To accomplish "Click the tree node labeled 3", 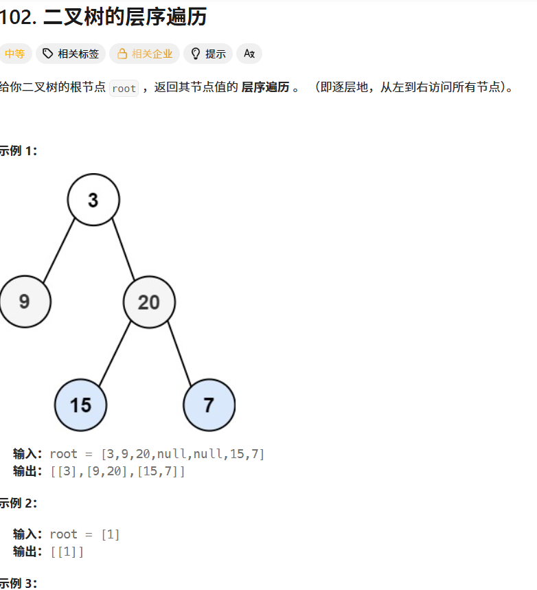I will tap(93, 200).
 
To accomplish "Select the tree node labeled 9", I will tap(25, 302).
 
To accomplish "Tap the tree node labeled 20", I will tap(149, 302).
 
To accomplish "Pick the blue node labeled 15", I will tap(81, 405).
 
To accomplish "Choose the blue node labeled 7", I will tap(209, 405).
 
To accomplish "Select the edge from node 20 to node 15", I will tap(115, 352).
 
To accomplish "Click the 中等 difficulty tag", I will tap(14, 54).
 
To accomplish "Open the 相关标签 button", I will tap(71, 54).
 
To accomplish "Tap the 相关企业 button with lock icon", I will tap(144, 54).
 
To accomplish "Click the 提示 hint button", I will tap(208, 54).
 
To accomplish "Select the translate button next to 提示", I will tap(249, 54).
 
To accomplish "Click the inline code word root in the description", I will tap(124, 89).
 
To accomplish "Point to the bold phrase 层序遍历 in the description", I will tap(265, 88).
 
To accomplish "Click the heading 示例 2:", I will tap(18, 503).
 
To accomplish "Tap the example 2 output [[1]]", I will tap(67, 551).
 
